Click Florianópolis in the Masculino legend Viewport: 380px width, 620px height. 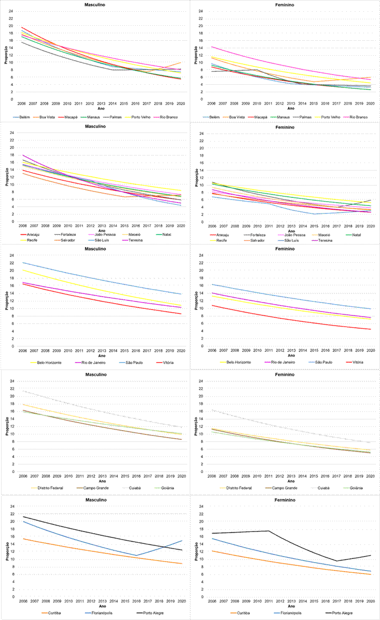tap(103, 612)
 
